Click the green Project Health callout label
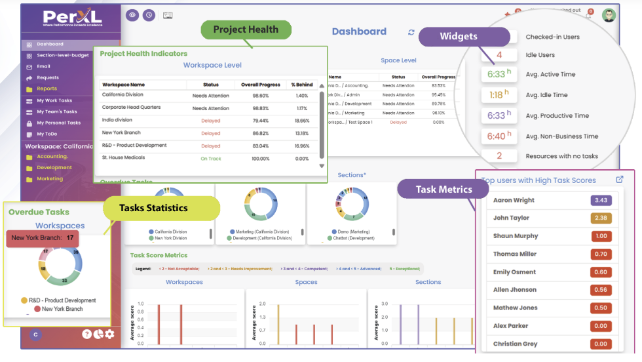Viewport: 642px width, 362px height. (x=245, y=29)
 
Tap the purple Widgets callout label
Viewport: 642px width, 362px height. (x=458, y=37)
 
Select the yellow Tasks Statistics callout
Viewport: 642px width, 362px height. (x=153, y=208)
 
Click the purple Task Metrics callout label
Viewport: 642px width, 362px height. (x=444, y=190)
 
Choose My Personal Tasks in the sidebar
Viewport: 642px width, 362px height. (x=58, y=123)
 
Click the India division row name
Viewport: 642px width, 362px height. (x=117, y=121)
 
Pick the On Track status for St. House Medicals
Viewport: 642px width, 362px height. (x=210, y=158)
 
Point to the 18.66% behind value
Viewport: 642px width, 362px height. (x=301, y=121)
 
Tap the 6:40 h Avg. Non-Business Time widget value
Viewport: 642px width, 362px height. (x=496, y=136)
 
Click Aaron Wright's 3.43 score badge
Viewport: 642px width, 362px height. (x=601, y=200)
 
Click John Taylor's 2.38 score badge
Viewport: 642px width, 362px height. (x=601, y=218)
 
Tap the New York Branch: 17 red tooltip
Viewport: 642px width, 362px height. (x=43, y=238)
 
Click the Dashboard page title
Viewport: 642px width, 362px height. (x=359, y=31)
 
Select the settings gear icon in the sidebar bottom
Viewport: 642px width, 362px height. (x=109, y=334)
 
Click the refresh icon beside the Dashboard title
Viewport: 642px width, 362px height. (x=411, y=32)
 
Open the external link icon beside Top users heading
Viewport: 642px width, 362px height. (x=620, y=180)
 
